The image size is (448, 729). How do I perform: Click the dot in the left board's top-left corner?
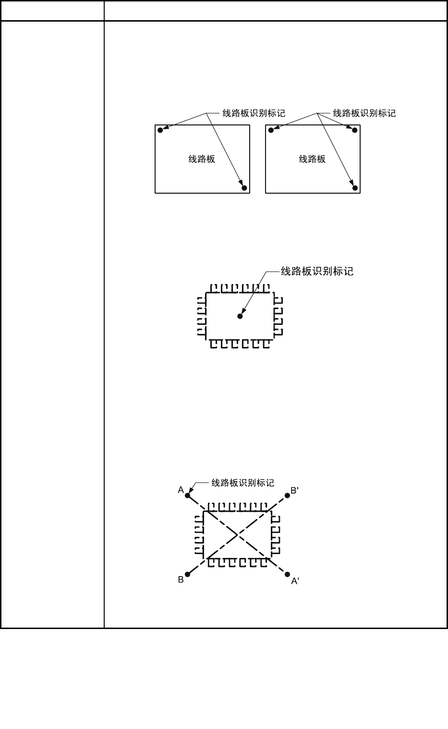click(160, 130)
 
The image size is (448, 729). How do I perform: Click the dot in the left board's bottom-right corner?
click(244, 188)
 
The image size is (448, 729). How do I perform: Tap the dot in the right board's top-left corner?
click(271, 130)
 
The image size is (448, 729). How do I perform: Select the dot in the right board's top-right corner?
click(355, 130)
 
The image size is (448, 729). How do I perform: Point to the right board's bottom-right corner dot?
click(355, 188)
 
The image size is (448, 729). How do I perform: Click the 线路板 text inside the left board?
click(202, 159)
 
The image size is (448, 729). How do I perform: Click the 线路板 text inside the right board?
click(312, 159)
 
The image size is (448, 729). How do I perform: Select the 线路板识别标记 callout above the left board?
click(254, 113)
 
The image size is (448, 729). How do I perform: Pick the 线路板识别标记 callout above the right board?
click(364, 113)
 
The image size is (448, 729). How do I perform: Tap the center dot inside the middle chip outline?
click(240, 316)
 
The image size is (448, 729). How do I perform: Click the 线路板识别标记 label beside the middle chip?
click(317, 272)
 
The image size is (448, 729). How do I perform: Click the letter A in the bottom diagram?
click(181, 490)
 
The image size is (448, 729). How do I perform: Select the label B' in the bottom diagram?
click(295, 491)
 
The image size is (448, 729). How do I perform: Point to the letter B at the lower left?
click(181, 580)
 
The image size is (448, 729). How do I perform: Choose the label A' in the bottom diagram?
click(295, 581)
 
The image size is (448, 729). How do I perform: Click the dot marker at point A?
click(188, 495)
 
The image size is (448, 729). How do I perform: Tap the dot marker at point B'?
click(287, 495)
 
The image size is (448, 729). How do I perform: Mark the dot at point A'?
click(287, 574)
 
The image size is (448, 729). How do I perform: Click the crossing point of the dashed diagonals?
click(237, 534)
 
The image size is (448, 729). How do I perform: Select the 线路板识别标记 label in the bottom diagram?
click(243, 482)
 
